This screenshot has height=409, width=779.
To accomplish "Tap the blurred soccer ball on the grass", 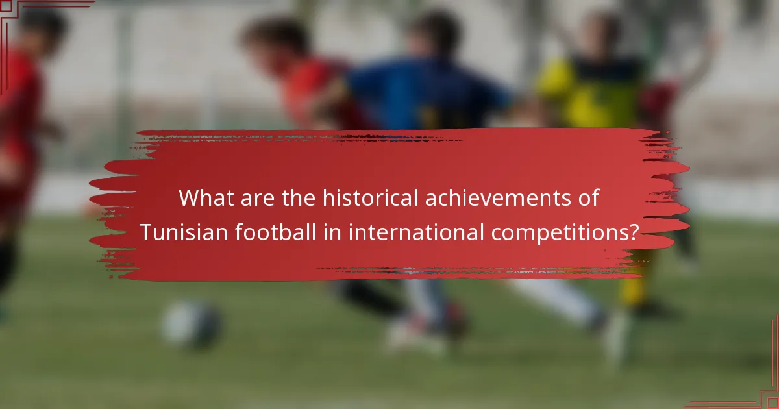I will click(x=192, y=325).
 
